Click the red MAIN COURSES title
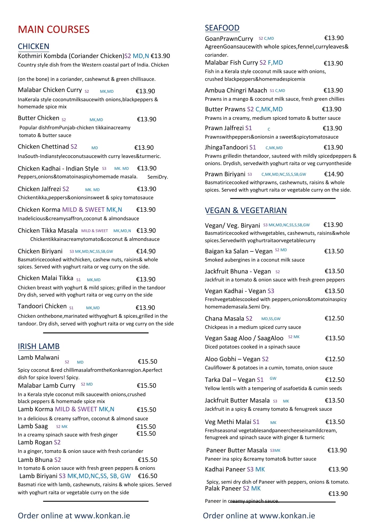click(x=54, y=29)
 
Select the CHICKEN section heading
click(x=34, y=46)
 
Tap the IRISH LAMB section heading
click(x=39, y=346)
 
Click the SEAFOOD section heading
click(x=222, y=28)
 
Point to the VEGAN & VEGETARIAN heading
click(x=246, y=210)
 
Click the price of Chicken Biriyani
click(x=146, y=251)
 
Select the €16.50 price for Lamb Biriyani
click(x=148, y=476)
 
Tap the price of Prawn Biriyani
click(x=334, y=174)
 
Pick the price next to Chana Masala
click(x=334, y=318)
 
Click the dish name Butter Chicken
click(x=39, y=118)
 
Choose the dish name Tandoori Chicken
click(x=42, y=306)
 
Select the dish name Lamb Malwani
click(x=39, y=357)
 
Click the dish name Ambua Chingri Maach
click(x=236, y=90)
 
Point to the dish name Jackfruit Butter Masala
click(x=237, y=400)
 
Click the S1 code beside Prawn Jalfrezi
click(x=249, y=128)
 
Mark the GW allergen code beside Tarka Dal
click(x=273, y=378)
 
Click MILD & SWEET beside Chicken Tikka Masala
click(x=94, y=231)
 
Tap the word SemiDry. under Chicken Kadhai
click(x=158, y=177)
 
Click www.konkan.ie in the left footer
click(x=102, y=516)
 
